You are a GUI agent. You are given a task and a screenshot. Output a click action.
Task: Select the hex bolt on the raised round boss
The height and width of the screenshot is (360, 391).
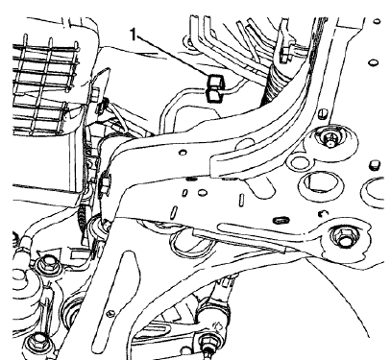point(331,141)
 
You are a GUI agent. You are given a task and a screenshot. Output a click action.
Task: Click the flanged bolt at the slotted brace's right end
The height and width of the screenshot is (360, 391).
point(341,235)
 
